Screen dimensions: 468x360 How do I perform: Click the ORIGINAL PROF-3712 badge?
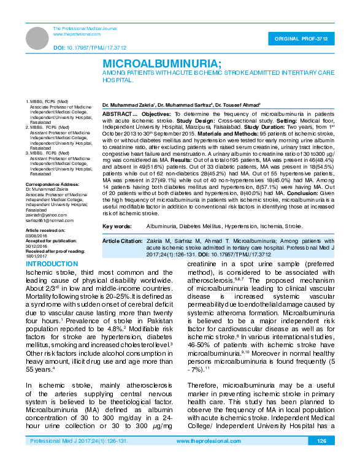[305, 39]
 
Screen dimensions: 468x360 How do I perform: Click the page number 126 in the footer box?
[321, 458]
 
